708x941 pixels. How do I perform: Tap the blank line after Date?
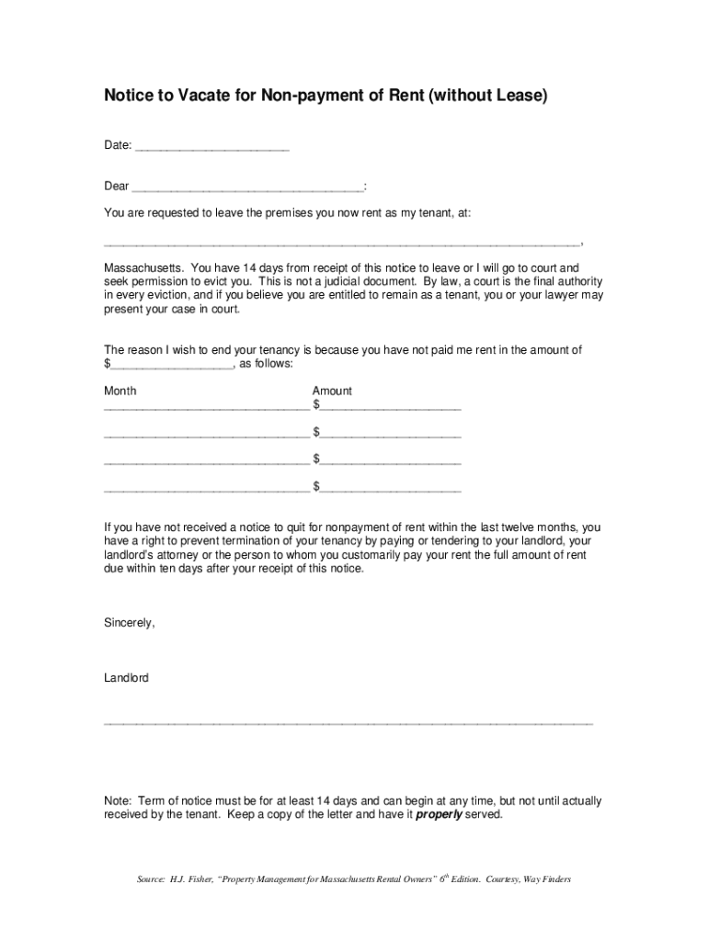(212, 149)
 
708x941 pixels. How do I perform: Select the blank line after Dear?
(247, 189)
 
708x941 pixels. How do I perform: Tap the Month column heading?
(120, 391)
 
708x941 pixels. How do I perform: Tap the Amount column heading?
(332, 391)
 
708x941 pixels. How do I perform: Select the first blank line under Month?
(206, 407)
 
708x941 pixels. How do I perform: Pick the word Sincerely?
(130, 623)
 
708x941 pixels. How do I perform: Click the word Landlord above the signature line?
(127, 678)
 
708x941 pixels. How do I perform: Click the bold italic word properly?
(440, 814)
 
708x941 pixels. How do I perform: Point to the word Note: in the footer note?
(118, 800)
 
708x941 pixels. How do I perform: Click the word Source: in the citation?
(151, 879)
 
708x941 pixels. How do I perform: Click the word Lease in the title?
(521, 95)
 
